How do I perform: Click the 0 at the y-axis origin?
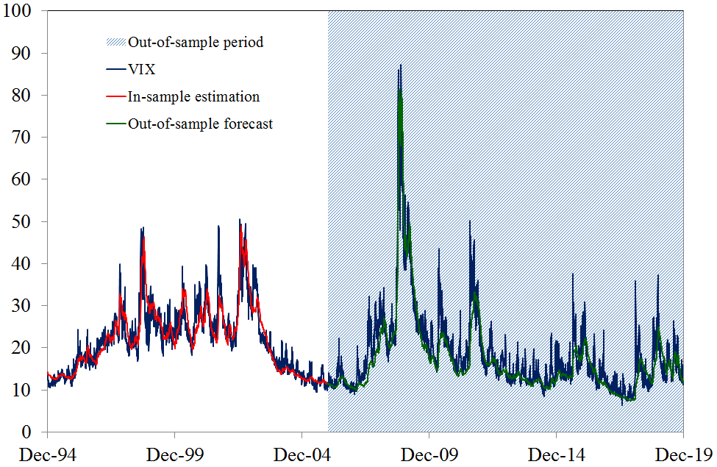click(29, 432)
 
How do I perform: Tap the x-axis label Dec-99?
click(174, 454)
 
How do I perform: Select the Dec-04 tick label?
click(302, 454)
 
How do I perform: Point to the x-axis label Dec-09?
click(429, 454)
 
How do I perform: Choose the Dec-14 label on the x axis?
click(557, 454)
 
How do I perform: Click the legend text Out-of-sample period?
click(195, 42)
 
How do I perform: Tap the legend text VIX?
click(141, 69)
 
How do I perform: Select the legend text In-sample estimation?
click(193, 96)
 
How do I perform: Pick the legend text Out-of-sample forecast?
click(200, 124)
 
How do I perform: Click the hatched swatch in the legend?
click(115, 42)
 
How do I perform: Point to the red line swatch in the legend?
click(115, 96)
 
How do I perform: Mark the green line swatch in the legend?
click(115, 124)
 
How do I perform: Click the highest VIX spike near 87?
click(400, 65)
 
